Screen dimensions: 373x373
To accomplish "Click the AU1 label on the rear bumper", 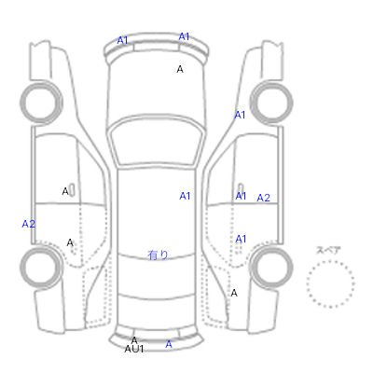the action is pos(134,349).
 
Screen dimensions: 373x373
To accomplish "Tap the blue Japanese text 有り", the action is pos(158,256).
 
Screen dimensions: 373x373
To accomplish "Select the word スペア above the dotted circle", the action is pos(328,250).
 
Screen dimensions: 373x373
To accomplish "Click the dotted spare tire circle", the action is pos(330,261).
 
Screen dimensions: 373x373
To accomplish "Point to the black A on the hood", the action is pos(180,69).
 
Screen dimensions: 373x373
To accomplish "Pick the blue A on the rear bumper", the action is pos(169,344).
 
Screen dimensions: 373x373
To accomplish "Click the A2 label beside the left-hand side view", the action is pos(29,224).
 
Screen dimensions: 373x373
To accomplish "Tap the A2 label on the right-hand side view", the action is pos(263,198).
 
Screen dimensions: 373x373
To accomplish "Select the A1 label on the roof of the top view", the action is pos(185,196).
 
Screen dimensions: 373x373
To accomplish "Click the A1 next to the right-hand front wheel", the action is pos(240,115).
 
